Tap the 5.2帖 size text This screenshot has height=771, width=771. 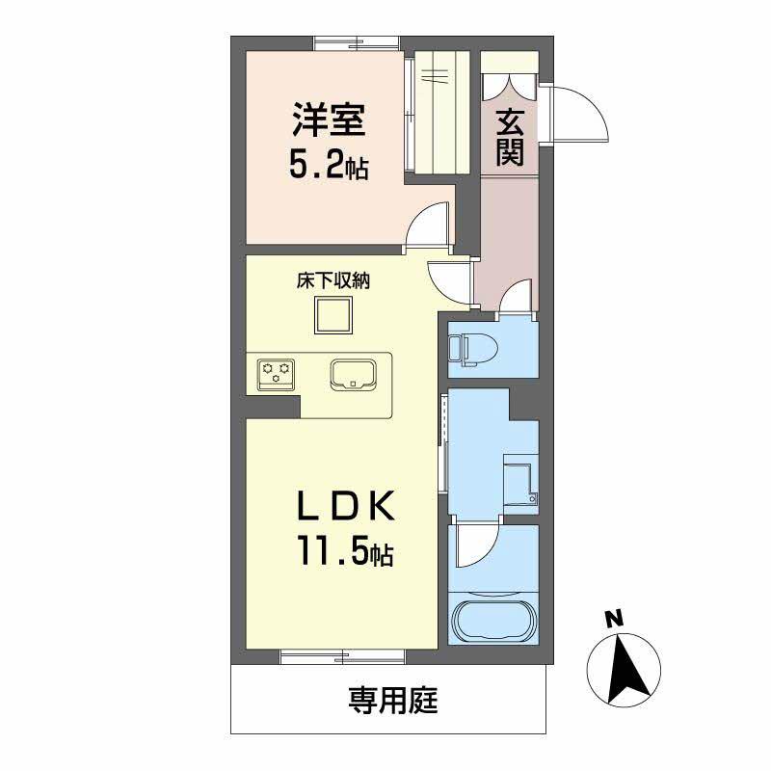(329, 167)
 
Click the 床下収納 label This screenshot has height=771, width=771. (333, 281)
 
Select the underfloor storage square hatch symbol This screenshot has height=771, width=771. (333, 314)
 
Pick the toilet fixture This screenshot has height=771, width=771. (475, 348)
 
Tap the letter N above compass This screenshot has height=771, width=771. (611, 619)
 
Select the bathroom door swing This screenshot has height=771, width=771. (476, 547)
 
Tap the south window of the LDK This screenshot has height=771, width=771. (342, 657)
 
